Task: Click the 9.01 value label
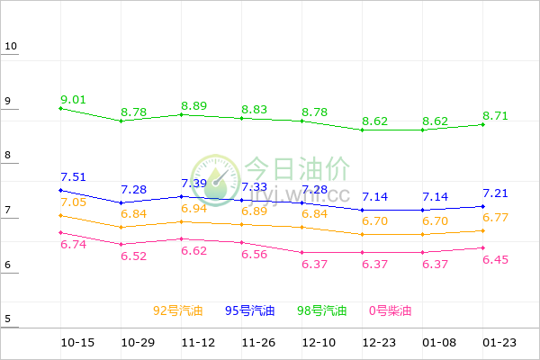[74, 99]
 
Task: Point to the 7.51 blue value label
[74, 176]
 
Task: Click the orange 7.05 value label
[74, 202]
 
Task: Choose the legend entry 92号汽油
[178, 310]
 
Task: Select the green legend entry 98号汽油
[322, 310]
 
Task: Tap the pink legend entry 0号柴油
[390, 310]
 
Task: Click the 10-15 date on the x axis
[77, 343]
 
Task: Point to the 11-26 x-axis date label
[258, 343]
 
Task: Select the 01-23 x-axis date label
[499, 343]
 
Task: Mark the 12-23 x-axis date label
[379, 343]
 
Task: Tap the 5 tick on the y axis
[8, 319]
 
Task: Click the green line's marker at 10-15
[60, 108]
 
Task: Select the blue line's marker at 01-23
[483, 206]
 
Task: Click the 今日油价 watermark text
[298, 168]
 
